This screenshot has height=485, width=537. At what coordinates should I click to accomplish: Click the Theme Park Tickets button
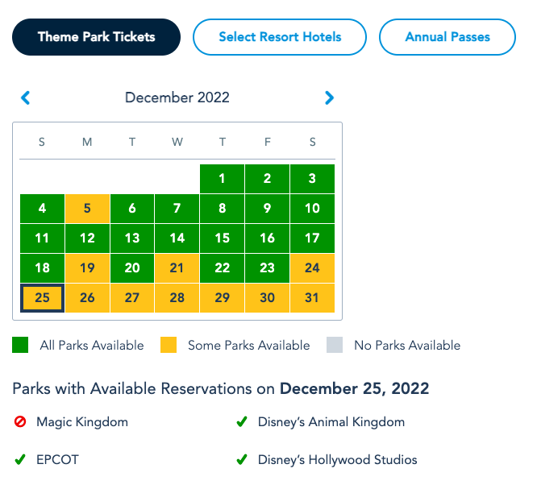96,37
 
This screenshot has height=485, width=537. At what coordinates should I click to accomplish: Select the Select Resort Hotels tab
280,37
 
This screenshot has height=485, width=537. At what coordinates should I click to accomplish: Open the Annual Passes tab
447,37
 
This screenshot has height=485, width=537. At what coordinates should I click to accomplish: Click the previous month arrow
25,98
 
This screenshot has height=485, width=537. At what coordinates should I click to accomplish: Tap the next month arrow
329,98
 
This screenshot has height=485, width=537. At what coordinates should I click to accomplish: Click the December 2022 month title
177,98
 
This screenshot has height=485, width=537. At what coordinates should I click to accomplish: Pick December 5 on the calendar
87,209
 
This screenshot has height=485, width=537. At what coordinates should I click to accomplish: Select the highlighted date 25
42,298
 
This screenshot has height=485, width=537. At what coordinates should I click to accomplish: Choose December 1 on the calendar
222,179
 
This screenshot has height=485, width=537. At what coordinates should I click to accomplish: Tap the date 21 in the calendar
177,268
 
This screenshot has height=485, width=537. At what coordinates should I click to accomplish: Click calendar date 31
312,298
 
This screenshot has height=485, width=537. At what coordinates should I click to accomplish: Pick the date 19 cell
87,268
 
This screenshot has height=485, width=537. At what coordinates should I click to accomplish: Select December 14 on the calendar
177,238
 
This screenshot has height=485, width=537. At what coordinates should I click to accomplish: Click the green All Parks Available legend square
20,346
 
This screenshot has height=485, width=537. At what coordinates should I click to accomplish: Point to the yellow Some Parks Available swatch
168,346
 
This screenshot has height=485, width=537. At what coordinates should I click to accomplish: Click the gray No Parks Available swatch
335,346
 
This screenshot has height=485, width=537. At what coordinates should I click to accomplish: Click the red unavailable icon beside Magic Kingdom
20,422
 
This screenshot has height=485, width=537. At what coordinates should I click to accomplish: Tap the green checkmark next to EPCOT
20,461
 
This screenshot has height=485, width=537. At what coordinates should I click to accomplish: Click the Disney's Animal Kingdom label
331,422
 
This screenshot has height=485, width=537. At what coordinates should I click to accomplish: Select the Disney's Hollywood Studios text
337,461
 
